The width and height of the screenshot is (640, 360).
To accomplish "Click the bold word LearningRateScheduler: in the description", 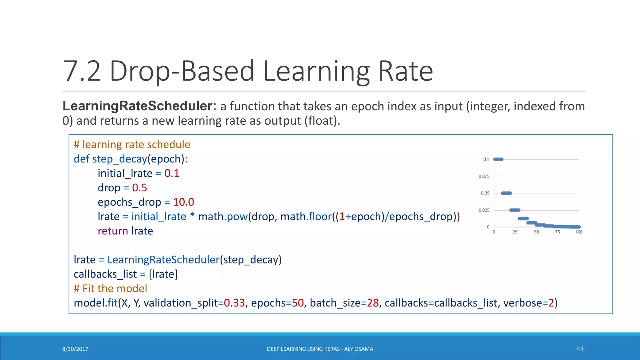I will [x=139, y=106].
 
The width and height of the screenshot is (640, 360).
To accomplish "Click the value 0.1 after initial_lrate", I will [x=172, y=173].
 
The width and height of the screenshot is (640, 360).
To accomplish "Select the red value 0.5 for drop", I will [x=139, y=188].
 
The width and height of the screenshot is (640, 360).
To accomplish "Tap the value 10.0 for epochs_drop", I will [x=183, y=202].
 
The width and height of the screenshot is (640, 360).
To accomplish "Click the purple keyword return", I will [x=113, y=231].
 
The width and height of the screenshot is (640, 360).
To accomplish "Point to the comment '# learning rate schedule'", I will [x=132, y=145].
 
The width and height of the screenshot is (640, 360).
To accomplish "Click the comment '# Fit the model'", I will [x=110, y=288].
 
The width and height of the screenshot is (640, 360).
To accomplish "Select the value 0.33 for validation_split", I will [x=234, y=303].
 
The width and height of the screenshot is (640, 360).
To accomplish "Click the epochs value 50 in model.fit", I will [x=297, y=303].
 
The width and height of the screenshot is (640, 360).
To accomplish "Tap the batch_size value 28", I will [x=372, y=303].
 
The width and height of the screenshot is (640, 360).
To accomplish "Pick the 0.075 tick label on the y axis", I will [x=484, y=176].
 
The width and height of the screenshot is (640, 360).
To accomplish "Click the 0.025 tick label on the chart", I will [x=484, y=210].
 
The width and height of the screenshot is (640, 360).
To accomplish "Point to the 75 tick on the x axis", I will [x=557, y=232].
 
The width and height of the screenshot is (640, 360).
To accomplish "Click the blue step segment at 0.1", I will [x=498, y=159].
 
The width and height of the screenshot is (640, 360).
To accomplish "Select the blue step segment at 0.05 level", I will [x=506, y=193].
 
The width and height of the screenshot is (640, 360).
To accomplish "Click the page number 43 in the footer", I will [x=580, y=349].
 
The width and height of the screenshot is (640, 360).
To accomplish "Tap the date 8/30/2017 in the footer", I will [x=75, y=349].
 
